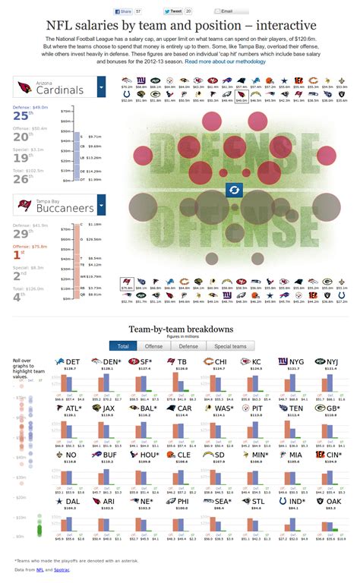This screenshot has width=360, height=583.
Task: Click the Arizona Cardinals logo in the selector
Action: tap(24, 89)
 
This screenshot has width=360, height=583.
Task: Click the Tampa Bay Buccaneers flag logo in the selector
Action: tap(24, 205)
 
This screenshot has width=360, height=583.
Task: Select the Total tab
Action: tap(122, 345)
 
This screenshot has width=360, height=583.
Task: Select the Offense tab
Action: tap(153, 345)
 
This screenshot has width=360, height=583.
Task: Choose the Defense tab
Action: tap(188, 345)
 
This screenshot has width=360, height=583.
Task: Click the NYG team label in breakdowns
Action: tap(297, 362)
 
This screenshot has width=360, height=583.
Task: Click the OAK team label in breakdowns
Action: tap(335, 501)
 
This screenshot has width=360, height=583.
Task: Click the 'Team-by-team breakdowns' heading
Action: tap(180, 329)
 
